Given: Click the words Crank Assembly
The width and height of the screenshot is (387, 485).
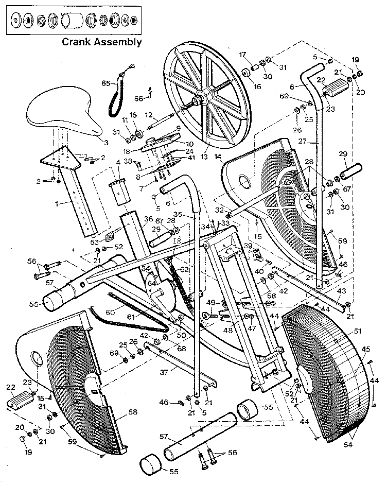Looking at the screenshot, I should [x=101, y=42].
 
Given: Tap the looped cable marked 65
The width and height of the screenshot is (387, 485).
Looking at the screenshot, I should [x=115, y=95].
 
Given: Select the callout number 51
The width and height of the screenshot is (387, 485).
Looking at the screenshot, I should [x=357, y=331].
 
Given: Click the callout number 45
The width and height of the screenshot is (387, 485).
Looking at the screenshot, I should [x=366, y=349].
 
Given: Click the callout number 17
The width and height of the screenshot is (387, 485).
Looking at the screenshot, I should [x=242, y=55].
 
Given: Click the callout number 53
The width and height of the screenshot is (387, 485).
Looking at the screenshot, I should [x=95, y=241].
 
